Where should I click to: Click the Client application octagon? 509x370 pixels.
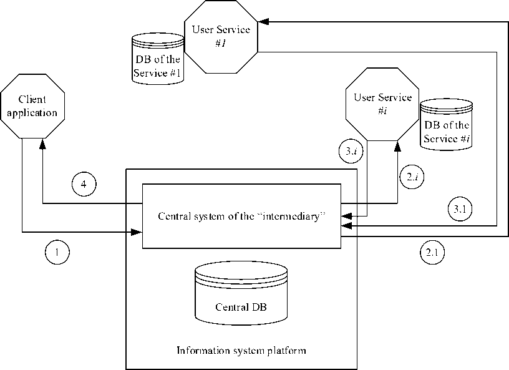(33, 106)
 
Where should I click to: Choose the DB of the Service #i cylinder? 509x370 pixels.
(446, 125)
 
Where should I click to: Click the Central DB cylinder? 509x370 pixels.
(241, 293)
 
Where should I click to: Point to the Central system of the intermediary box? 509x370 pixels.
(242, 216)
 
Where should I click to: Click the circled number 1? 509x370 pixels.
(57, 252)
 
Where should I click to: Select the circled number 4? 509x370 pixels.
(83, 184)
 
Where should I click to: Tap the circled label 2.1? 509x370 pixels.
(432, 253)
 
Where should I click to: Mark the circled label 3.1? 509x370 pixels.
(459, 209)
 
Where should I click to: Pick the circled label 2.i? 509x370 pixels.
(411, 178)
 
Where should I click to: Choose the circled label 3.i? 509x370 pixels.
(351, 150)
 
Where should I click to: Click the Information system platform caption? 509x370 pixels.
(241, 351)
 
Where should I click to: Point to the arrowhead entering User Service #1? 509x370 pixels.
(263, 21)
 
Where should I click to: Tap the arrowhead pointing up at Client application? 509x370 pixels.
(42, 143)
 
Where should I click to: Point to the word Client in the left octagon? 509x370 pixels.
(32, 100)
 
